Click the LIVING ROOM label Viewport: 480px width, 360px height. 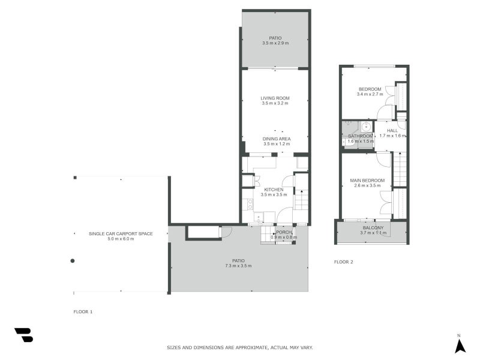pyautogui.click(x=275, y=98)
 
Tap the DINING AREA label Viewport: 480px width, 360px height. pyautogui.click(x=276, y=139)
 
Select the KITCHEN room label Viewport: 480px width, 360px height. pyautogui.click(x=274, y=190)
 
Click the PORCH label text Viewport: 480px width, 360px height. pyautogui.click(x=283, y=232)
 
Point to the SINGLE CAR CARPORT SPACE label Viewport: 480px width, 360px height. pyautogui.click(x=121, y=233)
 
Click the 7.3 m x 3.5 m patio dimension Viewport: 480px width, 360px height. pyautogui.click(x=238, y=266)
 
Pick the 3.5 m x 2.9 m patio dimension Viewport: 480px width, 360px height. pyautogui.click(x=275, y=43)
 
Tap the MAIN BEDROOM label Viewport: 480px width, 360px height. pyautogui.click(x=367, y=181)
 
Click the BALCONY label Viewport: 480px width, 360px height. pyautogui.click(x=372, y=228)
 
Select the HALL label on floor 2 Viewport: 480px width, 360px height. pyautogui.click(x=392, y=130)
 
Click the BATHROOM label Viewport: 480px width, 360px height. pyautogui.click(x=361, y=136)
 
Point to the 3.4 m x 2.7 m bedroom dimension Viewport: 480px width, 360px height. pyautogui.click(x=369, y=94)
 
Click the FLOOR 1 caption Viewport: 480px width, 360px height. pyautogui.click(x=83, y=312)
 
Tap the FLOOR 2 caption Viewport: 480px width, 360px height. pyautogui.click(x=343, y=262)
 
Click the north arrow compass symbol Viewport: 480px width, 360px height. pyautogui.click(x=460, y=345)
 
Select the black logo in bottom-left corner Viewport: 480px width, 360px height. pyautogui.click(x=23, y=335)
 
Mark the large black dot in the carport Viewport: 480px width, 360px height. pyautogui.click(x=73, y=260)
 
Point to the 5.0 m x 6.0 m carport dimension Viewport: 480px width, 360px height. pyautogui.click(x=121, y=239)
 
